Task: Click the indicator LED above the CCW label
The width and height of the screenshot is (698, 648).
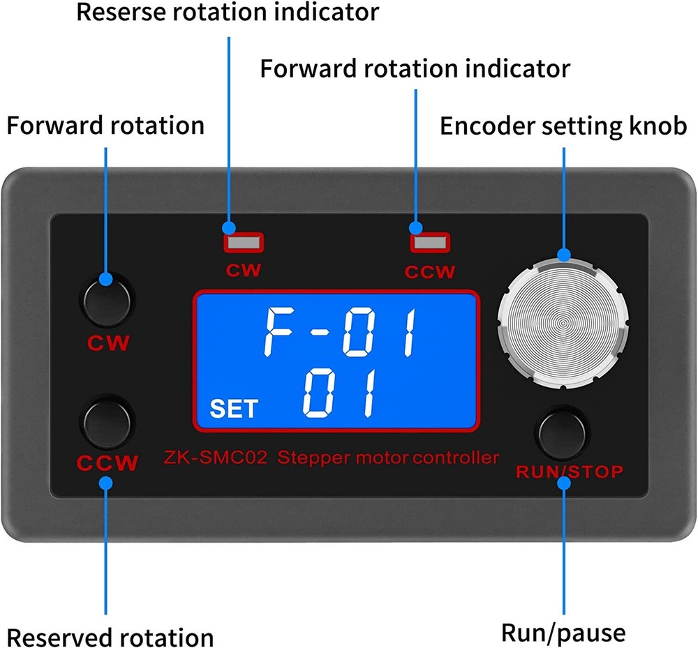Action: tap(430, 243)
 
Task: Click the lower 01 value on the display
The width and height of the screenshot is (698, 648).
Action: tap(340, 395)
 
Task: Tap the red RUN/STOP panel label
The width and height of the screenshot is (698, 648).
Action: tap(569, 472)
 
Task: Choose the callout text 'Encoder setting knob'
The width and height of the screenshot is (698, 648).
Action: tap(563, 126)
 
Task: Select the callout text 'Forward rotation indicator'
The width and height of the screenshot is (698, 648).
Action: tap(415, 68)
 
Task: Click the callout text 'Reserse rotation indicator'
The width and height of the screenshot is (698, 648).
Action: tap(228, 12)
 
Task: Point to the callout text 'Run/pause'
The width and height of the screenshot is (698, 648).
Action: tap(563, 633)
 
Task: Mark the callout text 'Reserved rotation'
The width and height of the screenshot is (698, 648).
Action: tap(110, 638)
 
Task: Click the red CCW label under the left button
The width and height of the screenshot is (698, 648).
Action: tap(107, 463)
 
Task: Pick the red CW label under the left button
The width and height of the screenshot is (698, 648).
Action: tap(107, 343)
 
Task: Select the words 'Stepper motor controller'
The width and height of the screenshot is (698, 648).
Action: tap(388, 458)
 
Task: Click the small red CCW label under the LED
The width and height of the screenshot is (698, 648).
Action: tap(430, 272)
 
